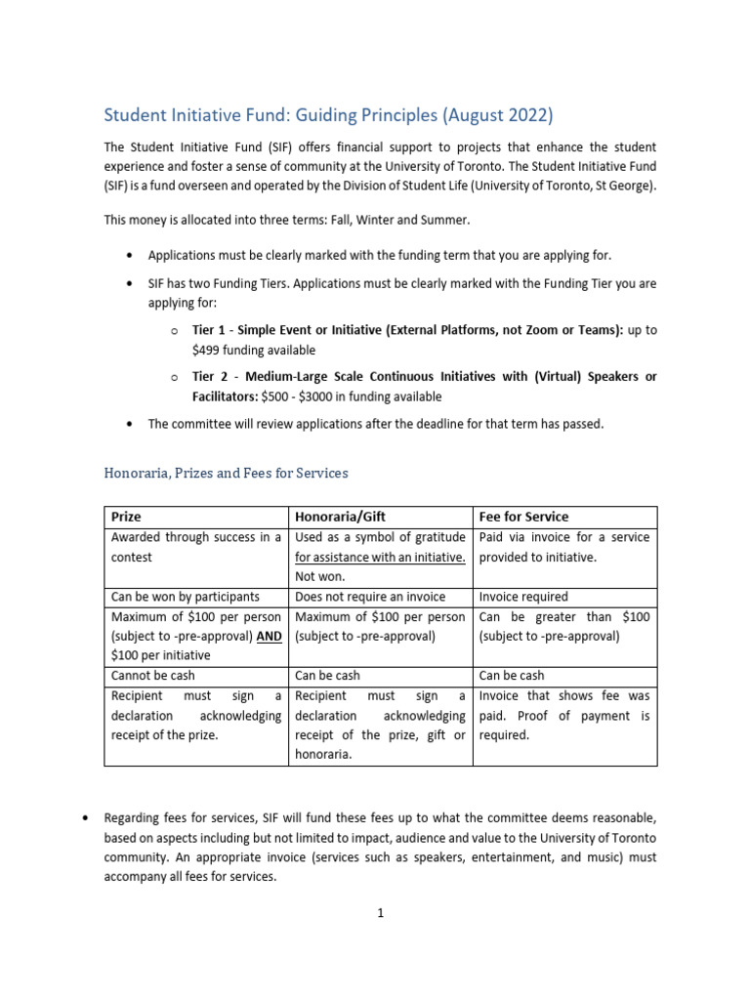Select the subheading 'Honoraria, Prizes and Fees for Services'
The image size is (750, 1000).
(226, 473)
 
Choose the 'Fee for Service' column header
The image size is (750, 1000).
(523, 517)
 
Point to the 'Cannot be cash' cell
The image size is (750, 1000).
(152, 675)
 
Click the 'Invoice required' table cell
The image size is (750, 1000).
(523, 597)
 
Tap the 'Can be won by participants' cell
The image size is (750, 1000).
(185, 597)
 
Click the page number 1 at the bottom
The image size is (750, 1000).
(381, 913)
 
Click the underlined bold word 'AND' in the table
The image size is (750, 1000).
(269, 636)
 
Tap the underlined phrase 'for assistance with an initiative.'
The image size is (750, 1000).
(380, 557)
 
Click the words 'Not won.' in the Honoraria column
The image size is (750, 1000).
(319, 576)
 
